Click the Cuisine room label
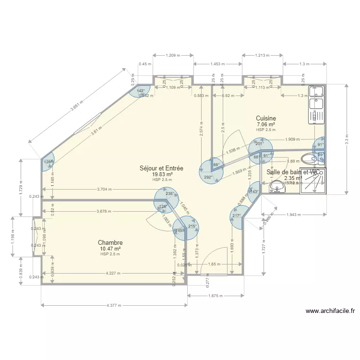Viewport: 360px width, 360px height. pos(265,118)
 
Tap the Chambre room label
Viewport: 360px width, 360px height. pos(110,243)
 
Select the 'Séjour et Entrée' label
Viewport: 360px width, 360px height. pos(161,168)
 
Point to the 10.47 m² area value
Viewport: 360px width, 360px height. pos(110,249)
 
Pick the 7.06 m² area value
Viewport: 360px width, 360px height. pos(265,124)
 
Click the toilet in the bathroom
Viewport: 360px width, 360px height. pos(308,159)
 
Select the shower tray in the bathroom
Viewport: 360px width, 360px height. pos(312,181)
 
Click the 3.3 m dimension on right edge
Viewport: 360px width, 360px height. pos(347,138)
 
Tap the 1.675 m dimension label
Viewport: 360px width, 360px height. pos(215,296)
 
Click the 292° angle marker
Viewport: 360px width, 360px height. pos(208,177)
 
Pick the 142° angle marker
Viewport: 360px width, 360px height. pos(141,91)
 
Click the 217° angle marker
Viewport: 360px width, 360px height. pos(236,216)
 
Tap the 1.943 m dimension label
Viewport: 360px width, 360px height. pos(293,214)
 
